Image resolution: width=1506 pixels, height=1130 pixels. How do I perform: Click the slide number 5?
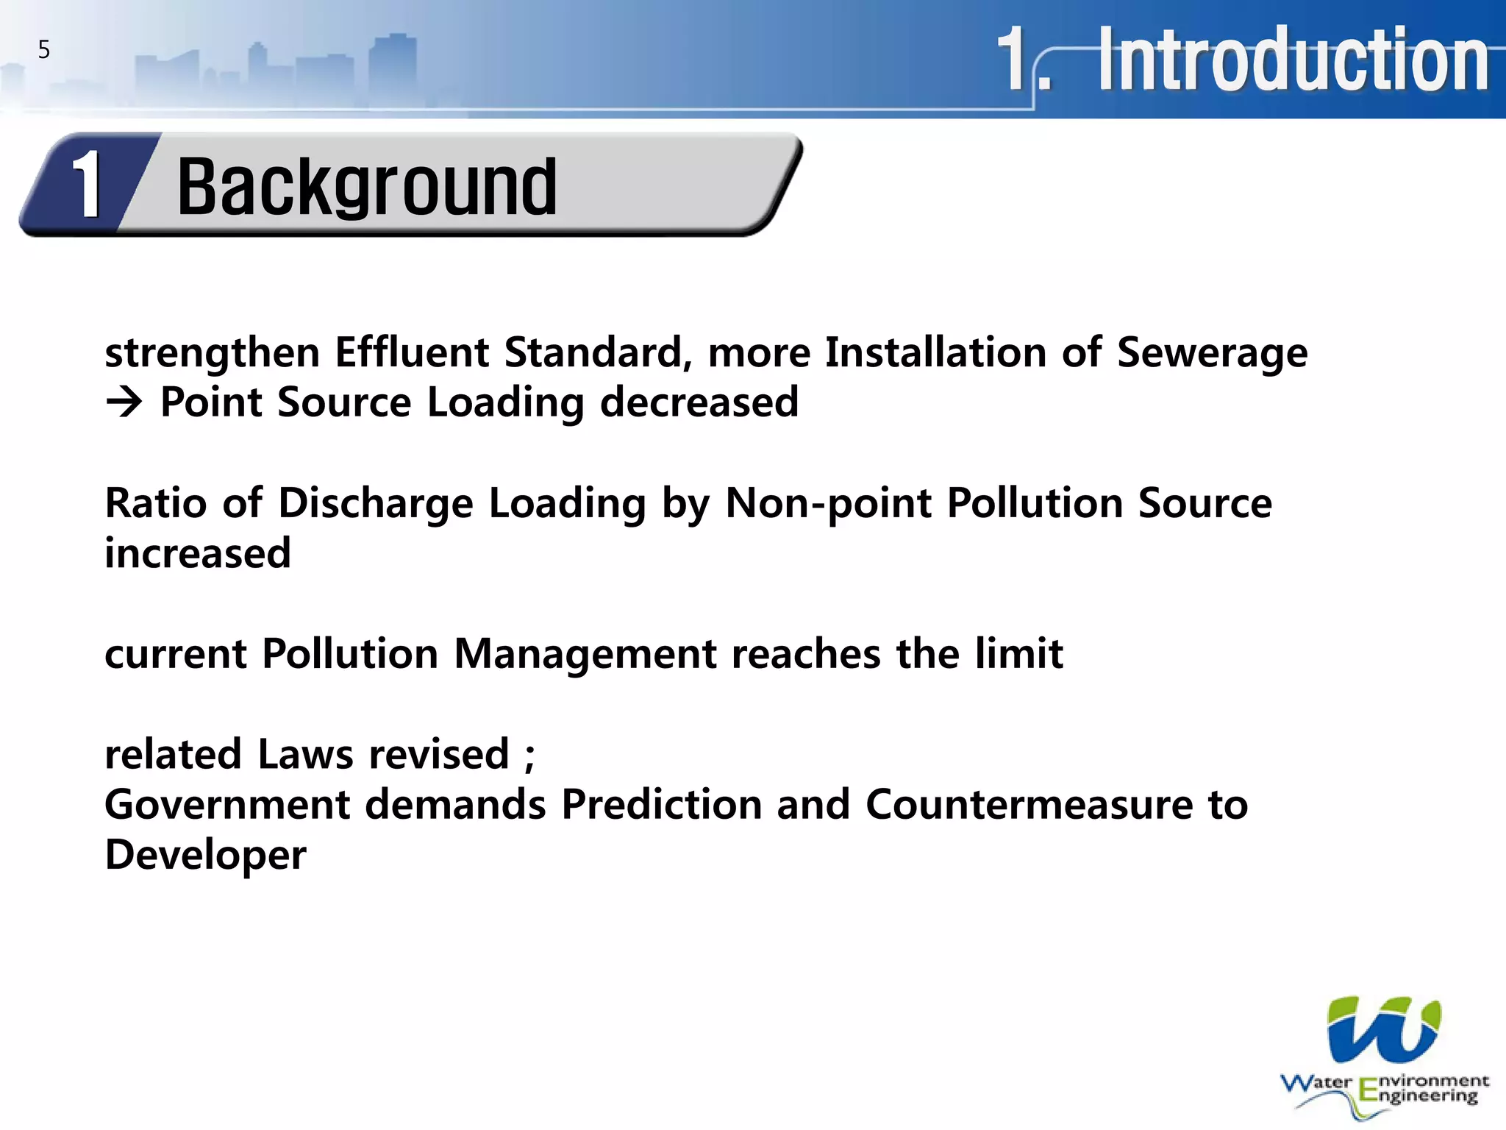(x=44, y=50)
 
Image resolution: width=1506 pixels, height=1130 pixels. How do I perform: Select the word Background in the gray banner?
(x=367, y=188)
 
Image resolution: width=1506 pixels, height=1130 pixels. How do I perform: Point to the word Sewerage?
(x=1212, y=353)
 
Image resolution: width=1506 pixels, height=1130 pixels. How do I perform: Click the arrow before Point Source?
(x=124, y=402)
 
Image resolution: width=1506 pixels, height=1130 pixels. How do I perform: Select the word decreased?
(x=699, y=402)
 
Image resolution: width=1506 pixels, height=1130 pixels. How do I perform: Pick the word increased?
(x=198, y=553)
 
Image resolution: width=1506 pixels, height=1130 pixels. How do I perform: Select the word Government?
(x=226, y=804)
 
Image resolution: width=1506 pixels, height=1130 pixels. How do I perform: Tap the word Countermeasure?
(x=1029, y=804)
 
